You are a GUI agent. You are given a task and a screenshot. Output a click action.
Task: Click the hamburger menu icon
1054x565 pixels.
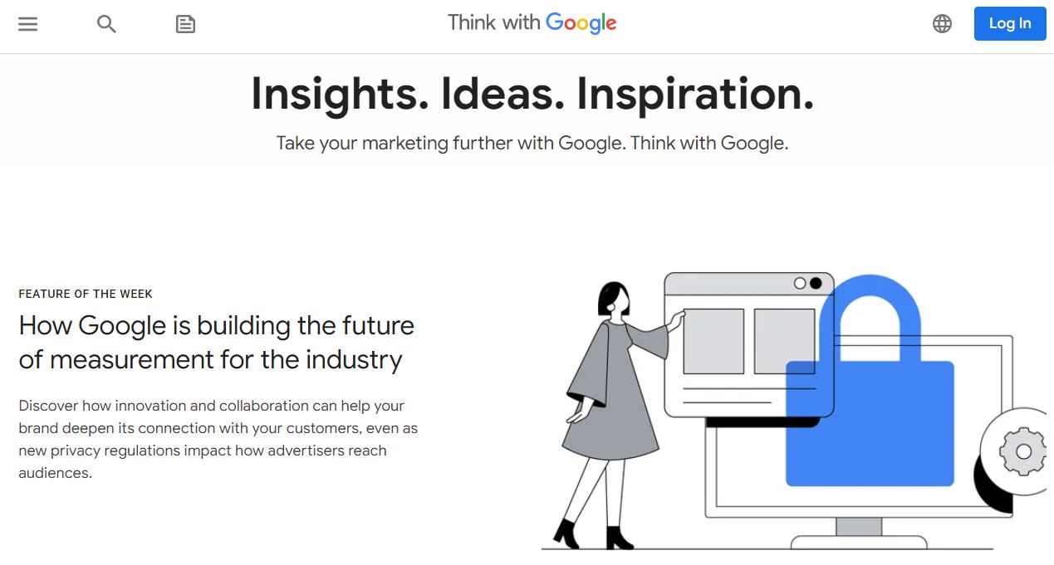[27, 24]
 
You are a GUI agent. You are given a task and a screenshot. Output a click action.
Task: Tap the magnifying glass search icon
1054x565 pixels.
[106, 24]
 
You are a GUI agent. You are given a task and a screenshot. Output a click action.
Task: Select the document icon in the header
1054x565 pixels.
[185, 24]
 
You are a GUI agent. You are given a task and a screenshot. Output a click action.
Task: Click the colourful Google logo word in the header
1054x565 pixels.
[581, 23]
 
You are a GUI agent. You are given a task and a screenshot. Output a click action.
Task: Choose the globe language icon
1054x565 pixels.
[942, 24]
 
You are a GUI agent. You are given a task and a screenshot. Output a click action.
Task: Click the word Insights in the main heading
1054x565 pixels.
[340, 95]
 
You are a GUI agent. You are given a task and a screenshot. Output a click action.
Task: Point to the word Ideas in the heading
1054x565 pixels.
[502, 94]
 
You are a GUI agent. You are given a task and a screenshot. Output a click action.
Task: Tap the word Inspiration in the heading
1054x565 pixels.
[695, 95]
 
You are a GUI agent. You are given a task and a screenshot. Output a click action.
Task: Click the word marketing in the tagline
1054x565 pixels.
[405, 144]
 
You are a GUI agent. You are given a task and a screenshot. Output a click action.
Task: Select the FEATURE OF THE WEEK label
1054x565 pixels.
[86, 294]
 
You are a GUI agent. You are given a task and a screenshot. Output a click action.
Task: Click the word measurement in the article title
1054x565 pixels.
[131, 360]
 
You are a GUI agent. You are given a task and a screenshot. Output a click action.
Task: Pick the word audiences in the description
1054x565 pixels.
[55, 473]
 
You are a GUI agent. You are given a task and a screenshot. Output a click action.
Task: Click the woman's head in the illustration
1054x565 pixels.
[613, 299]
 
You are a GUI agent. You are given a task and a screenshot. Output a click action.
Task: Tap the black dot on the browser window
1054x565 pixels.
[816, 284]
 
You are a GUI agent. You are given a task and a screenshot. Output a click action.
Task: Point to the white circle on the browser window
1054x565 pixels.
[800, 284]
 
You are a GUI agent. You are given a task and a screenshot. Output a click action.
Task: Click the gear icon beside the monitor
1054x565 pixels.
[1023, 451]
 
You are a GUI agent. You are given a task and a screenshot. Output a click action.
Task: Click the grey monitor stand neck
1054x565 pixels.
[859, 527]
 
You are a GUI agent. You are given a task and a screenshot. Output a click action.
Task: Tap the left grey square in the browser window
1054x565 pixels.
[713, 341]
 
